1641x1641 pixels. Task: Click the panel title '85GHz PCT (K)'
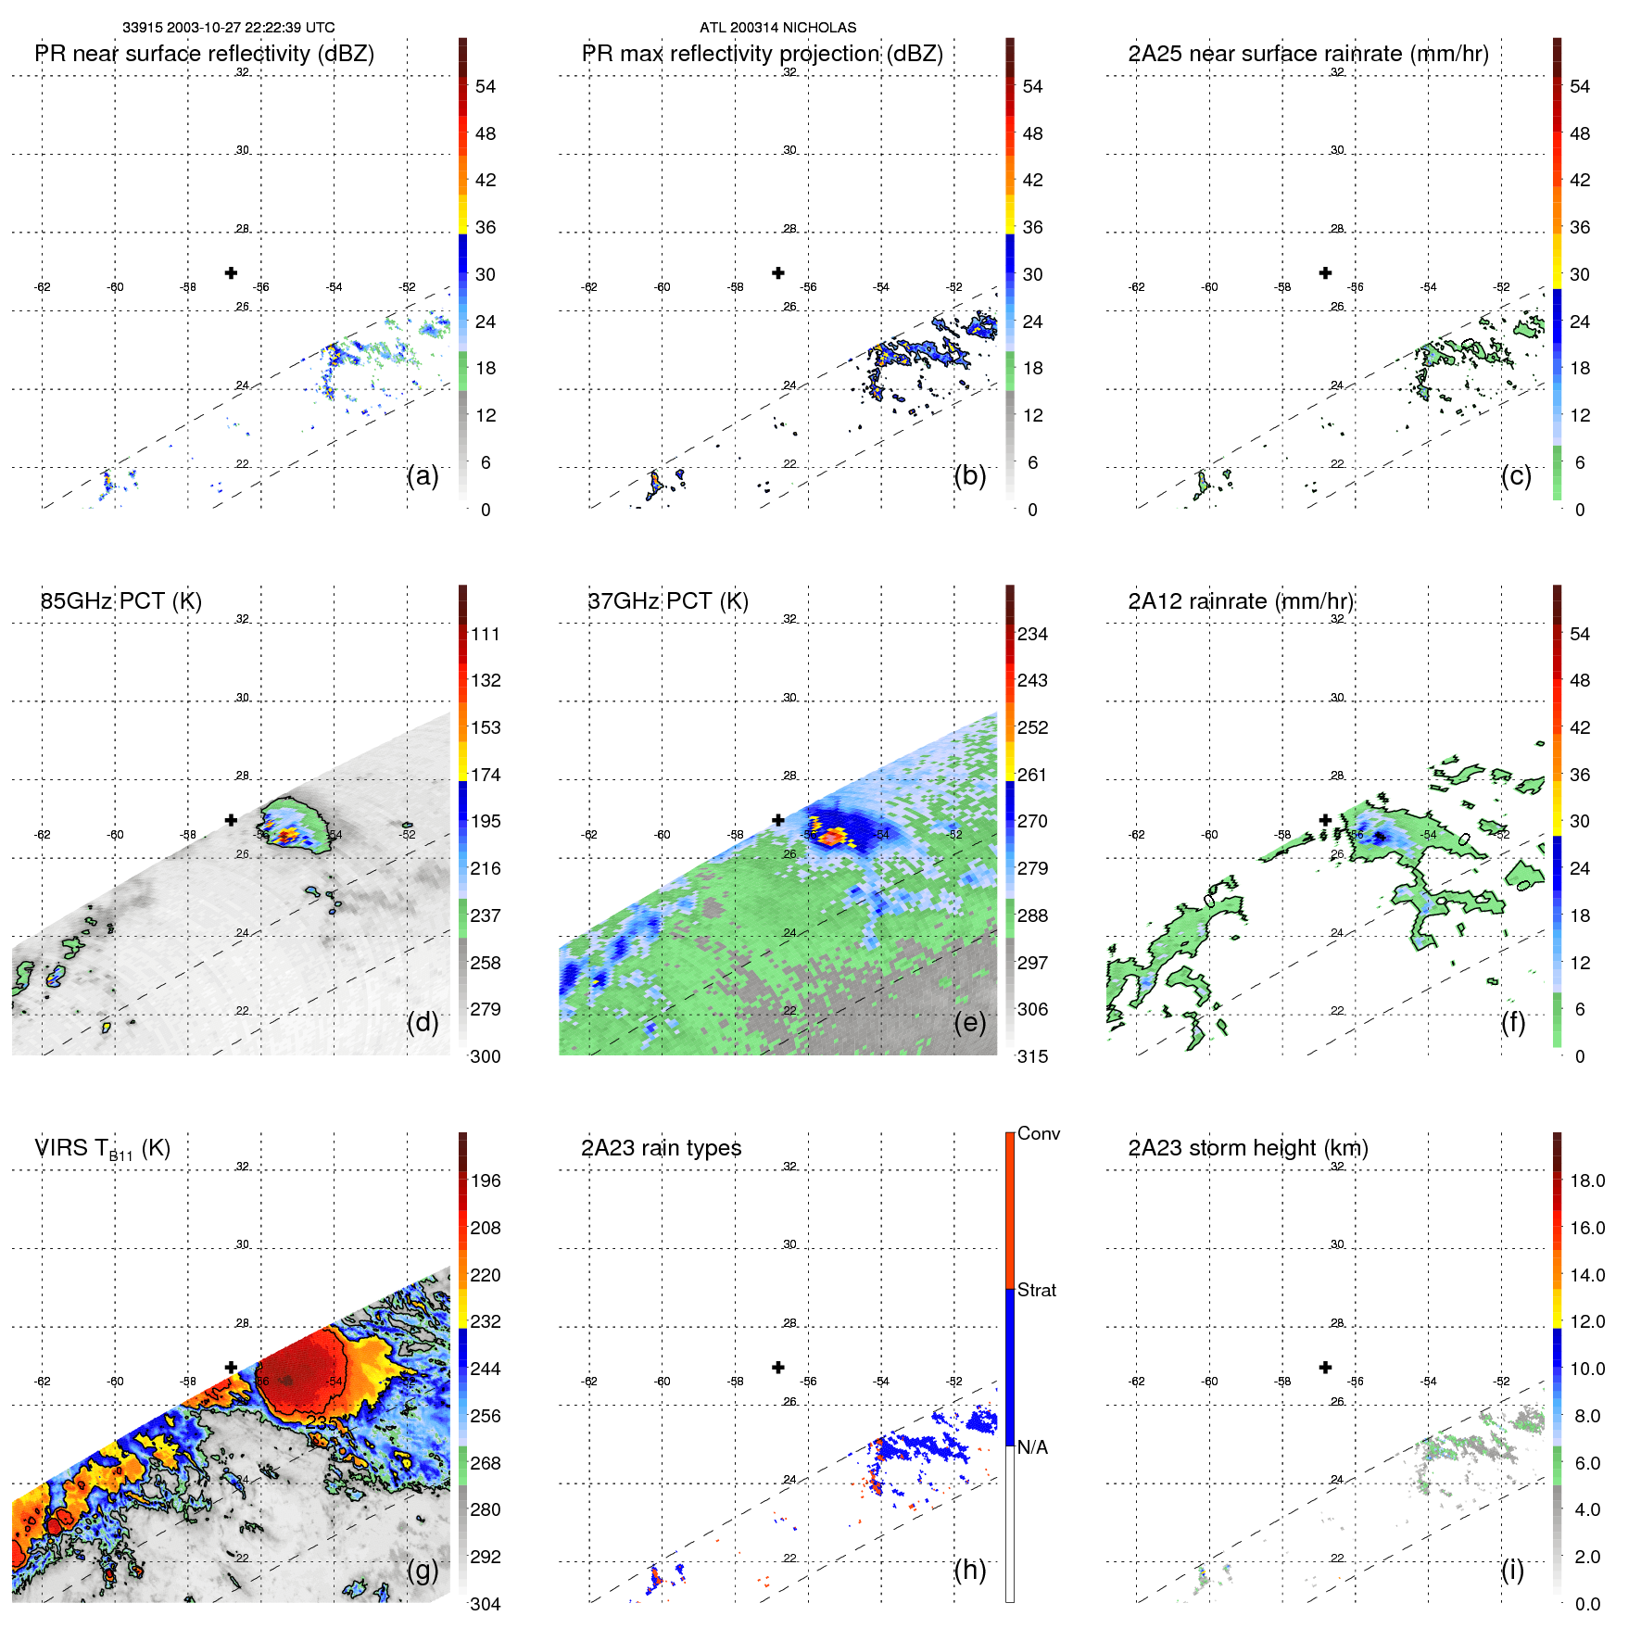point(120,601)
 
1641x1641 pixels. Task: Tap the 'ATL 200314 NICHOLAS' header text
point(777,28)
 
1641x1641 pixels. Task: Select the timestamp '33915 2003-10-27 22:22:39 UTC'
point(229,28)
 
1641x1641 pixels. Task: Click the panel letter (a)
point(423,475)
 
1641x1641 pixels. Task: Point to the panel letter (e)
point(969,1022)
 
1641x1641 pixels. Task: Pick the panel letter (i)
point(1512,1570)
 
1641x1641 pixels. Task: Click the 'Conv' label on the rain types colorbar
point(1039,1134)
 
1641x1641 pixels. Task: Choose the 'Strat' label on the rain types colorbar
point(1037,1291)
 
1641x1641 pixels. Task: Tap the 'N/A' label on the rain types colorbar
point(1032,1447)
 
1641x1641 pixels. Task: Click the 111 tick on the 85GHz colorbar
point(486,635)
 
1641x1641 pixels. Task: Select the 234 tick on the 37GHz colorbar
point(1032,635)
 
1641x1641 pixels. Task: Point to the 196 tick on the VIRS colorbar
point(486,1181)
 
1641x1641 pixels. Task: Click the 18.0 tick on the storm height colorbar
point(1587,1181)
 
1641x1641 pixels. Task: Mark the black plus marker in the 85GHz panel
point(231,820)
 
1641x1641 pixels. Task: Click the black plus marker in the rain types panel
point(778,1368)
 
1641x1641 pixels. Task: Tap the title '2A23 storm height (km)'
point(1248,1148)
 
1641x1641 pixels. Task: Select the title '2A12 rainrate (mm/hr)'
point(1241,601)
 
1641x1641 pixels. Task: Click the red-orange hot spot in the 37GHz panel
point(831,837)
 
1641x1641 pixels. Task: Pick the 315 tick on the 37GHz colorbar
point(1032,1057)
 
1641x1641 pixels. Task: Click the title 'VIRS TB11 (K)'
point(102,1149)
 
